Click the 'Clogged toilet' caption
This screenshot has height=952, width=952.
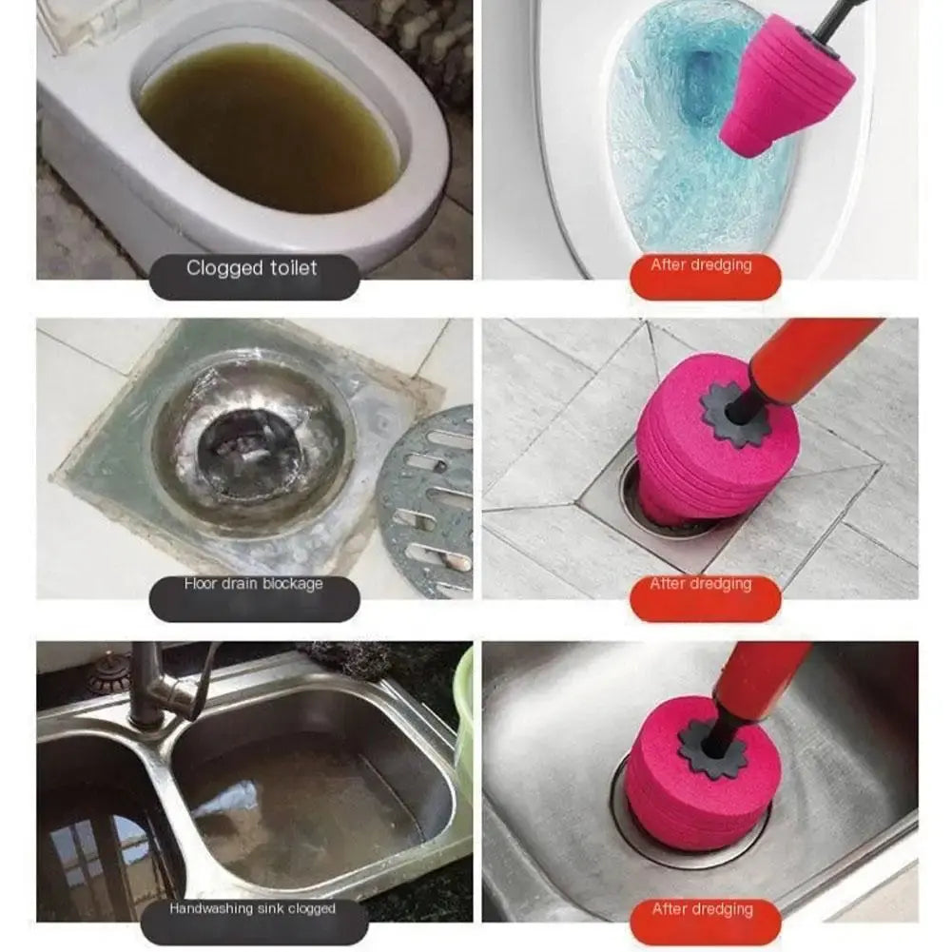(x=252, y=269)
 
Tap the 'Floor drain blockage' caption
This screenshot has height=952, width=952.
(x=253, y=584)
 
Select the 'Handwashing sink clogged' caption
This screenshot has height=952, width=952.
(x=252, y=909)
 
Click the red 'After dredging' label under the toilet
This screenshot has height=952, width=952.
(x=702, y=266)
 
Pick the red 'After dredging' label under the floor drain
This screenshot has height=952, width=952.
(x=702, y=585)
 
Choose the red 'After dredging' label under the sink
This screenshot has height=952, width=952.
(x=702, y=910)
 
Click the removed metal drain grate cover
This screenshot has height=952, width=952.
(x=428, y=504)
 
